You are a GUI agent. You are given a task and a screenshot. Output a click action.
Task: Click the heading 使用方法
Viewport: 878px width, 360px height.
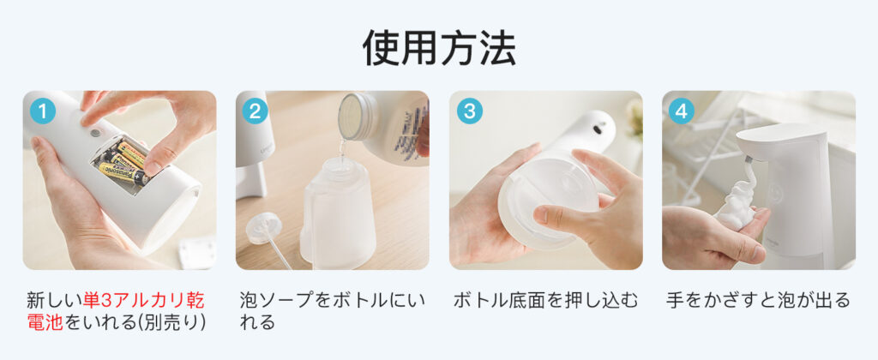[440, 48]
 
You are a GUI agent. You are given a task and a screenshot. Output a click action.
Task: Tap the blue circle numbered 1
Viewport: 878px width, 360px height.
[43, 111]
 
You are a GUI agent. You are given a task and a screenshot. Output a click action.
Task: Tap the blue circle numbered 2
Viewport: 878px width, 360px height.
[256, 111]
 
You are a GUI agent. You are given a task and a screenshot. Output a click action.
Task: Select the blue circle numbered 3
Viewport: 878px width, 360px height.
[469, 111]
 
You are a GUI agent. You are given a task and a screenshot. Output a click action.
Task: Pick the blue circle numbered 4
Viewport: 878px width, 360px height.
[681, 111]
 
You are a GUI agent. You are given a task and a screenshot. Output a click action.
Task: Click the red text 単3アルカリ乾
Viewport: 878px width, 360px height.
[144, 300]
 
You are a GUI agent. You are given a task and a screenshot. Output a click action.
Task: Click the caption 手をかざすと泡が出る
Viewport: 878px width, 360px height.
[758, 300]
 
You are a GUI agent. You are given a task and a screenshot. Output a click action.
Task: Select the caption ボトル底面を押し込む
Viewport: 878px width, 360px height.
[545, 300]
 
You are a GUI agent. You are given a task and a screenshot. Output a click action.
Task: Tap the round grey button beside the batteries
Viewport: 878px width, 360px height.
[95, 133]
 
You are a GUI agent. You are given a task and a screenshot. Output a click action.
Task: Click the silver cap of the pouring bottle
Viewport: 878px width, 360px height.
[354, 116]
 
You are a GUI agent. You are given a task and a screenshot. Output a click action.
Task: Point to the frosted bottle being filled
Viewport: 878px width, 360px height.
[338, 215]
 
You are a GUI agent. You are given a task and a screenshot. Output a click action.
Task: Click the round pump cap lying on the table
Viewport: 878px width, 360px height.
[264, 227]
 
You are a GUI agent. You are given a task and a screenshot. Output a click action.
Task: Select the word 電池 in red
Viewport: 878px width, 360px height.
[45, 322]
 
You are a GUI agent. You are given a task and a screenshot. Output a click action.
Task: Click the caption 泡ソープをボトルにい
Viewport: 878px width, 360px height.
[332, 300]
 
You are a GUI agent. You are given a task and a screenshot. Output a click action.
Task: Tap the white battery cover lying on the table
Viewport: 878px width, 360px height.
[197, 253]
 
